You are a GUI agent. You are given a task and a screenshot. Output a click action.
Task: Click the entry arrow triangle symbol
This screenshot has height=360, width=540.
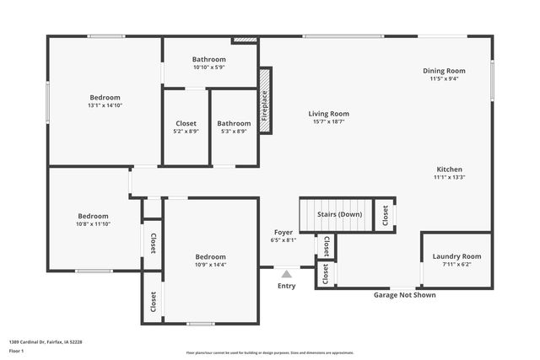[287, 273]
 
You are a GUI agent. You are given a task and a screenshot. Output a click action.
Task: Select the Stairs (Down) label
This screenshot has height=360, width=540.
[339, 215]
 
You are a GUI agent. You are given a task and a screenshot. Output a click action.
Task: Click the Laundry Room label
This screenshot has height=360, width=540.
[456, 256]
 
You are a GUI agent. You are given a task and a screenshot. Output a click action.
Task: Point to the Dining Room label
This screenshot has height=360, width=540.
[444, 71]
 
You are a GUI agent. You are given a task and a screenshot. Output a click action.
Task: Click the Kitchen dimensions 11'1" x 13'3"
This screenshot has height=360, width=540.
[449, 177]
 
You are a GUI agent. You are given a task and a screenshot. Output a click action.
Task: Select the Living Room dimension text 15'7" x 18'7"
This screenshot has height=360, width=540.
[328, 121]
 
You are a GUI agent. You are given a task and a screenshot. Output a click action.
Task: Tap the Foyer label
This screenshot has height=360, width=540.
[283, 232]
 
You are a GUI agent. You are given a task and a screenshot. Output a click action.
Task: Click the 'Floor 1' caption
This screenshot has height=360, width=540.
[17, 351]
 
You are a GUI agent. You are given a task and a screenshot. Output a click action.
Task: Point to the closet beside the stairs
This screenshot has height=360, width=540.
[385, 215]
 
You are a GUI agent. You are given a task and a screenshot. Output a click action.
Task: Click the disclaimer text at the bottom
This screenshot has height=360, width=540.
[270, 352]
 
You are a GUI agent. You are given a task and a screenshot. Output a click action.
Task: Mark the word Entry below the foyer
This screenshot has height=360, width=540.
[287, 286]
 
